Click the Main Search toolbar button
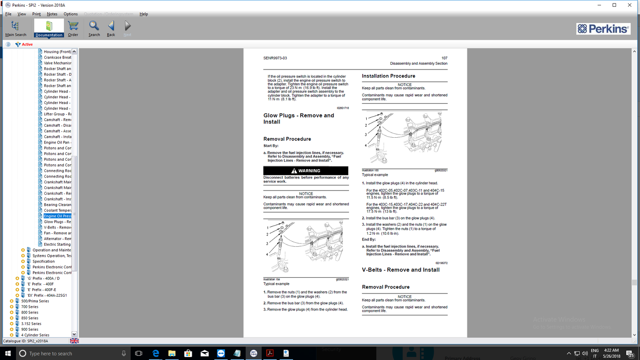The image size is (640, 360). click(x=16, y=28)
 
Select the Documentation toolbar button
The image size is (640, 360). click(x=49, y=28)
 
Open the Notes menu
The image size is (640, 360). click(x=52, y=14)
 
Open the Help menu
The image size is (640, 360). click(x=144, y=14)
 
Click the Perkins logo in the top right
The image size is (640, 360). click(x=603, y=29)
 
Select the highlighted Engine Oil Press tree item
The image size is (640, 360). click(x=57, y=216)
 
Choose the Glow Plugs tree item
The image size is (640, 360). click(x=57, y=222)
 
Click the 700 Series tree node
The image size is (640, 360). click(x=30, y=307)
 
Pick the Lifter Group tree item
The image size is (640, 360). click(x=57, y=114)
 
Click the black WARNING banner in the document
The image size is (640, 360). click(x=306, y=170)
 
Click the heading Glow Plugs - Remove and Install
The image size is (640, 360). click(x=299, y=118)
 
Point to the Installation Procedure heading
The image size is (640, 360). click(x=388, y=76)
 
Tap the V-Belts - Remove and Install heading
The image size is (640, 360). click(x=400, y=270)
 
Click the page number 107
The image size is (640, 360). click(x=444, y=58)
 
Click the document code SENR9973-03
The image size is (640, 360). click(x=275, y=58)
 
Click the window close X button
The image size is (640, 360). click(x=629, y=5)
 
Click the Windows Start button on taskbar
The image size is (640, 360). click(x=8, y=353)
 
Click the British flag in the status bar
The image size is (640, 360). click(x=74, y=341)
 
